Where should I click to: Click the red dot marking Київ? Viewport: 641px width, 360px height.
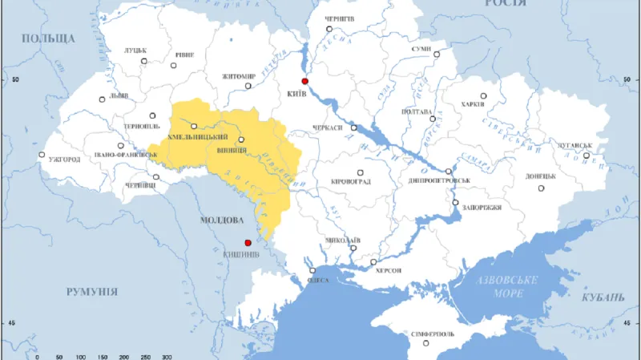click(304, 82)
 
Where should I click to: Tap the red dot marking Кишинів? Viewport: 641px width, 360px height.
click(248, 243)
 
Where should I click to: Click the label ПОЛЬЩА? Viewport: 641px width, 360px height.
click(48, 38)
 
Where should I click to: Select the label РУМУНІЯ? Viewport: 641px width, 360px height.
click(92, 292)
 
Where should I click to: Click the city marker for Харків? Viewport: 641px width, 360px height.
click(483, 95)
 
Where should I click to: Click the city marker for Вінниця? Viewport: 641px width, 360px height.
click(241, 140)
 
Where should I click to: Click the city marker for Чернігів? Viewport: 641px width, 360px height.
click(329, 29)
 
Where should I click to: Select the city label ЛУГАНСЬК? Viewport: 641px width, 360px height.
click(570, 146)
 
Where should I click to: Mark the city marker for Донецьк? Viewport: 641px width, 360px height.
click(541, 188)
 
